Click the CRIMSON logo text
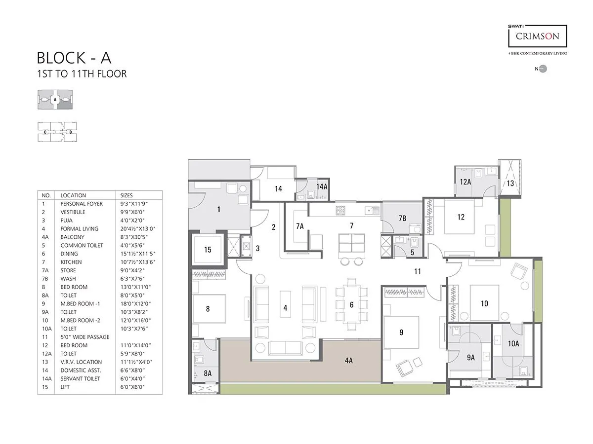coord(538,36)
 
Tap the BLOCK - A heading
coord(74,58)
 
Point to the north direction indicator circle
coord(543,69)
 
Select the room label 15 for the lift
coord(208,250)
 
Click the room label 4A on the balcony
coord(348,361)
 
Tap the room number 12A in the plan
coord(465,182)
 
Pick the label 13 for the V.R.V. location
coord(510,184)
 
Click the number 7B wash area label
coord(402,218)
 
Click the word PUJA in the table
coord(67,220)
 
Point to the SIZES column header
coord(127,195)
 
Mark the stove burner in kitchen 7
coord(340,211)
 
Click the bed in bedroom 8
coord(208,309)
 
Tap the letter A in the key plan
coord(55,99)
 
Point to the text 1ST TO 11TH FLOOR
coord(82,74)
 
